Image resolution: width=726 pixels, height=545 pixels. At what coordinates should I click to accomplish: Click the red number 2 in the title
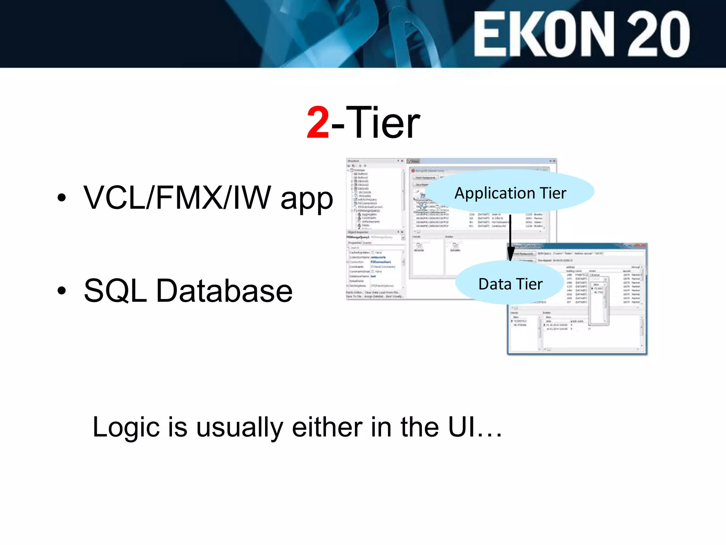click(318, 123)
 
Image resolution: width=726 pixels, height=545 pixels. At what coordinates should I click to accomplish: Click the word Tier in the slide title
click(383, 123)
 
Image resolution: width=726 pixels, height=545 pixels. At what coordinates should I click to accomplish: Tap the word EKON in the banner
click(544, 34)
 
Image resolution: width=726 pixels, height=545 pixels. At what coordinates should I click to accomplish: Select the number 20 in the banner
click(658, 34)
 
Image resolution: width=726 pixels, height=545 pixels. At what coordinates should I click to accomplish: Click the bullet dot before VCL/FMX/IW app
click(62, 198)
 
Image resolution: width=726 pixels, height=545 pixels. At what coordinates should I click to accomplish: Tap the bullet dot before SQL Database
click(62, 291)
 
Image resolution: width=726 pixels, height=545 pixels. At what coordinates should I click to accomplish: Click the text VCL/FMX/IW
click(177, 198)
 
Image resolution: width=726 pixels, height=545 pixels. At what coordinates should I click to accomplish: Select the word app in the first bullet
click(307, 199)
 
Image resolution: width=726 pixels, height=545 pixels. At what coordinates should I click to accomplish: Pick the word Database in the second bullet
click(224, 291)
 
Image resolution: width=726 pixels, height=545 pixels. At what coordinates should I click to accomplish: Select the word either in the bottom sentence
click(327, 427)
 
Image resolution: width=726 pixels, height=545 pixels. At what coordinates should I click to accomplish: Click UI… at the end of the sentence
click(475, 427)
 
